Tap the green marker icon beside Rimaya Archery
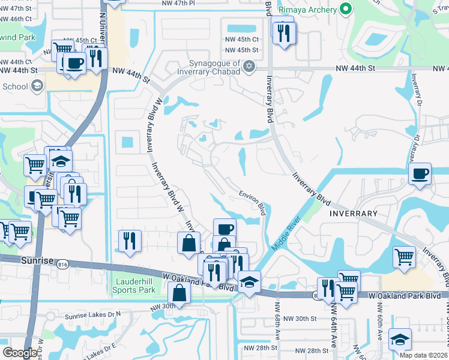coord(345,8)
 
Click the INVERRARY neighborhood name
coord(353,213)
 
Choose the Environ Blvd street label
coord(252,202)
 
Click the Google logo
coord(20,353)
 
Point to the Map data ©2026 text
coord(419,355)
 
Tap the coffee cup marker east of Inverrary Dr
coord(420,173)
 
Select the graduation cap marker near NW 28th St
coord(400,339)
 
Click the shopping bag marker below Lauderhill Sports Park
coord(179,292)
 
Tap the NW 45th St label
coord(241,50)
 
